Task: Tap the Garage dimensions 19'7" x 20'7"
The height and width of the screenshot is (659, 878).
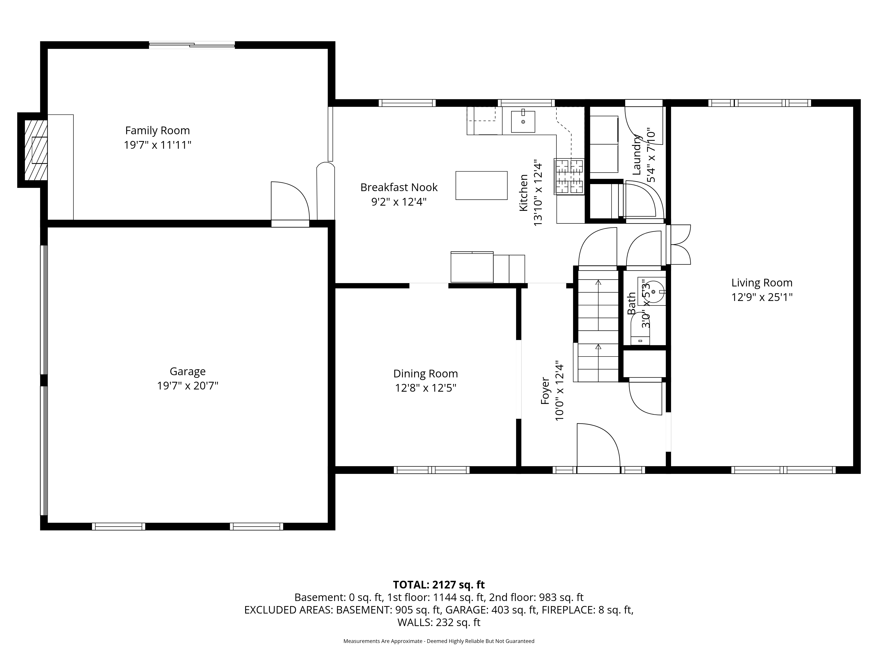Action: [x=188, y=386]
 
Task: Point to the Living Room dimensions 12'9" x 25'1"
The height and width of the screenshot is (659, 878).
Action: [x=762, y=297]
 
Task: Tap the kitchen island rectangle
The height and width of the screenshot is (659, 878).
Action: [x=481, y=185]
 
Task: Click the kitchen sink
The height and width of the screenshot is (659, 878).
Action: [x=523, y=121]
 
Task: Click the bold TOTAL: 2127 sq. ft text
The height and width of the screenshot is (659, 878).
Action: [x=439, y=585]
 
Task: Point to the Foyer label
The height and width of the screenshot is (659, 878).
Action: [x=545, y=391]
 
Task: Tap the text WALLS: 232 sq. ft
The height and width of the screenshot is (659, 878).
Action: [x=439, y=623]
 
